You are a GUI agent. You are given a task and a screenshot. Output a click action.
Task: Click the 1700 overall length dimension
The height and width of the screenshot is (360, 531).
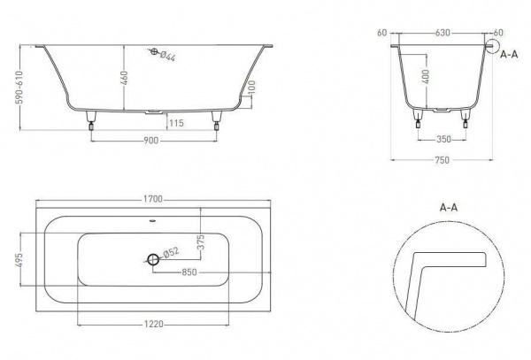tap(153, 199)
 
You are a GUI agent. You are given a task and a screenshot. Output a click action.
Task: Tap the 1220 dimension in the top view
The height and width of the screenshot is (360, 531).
tap(154, 324)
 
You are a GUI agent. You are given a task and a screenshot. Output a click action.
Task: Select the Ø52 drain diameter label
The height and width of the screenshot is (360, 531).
tap(171, 252)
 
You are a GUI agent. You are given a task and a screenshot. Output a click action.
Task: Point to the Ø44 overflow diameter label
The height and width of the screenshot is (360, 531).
tap(167, 56)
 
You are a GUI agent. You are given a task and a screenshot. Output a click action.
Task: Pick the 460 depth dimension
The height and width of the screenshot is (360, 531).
tap(125, 78)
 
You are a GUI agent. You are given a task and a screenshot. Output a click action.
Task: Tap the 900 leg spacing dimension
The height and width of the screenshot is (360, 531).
tap(151, 140)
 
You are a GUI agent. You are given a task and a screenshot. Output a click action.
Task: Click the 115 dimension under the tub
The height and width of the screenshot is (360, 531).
tap(176, 123)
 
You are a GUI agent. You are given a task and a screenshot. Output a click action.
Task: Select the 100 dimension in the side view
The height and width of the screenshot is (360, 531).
tap(251, 88)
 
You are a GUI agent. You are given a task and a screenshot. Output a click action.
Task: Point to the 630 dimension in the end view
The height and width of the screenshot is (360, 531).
tap(442, 33)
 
